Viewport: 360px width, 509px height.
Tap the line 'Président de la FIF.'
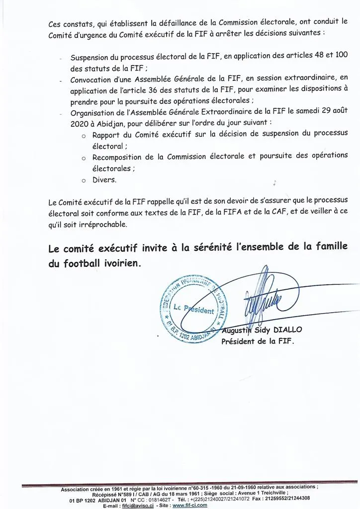(258, 341)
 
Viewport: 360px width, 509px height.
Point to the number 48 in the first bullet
(316, 56)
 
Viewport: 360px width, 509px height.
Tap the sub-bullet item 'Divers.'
(104, 180)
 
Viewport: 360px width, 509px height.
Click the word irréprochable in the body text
(105, 224)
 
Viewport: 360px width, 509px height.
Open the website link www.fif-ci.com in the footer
(189, 505)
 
